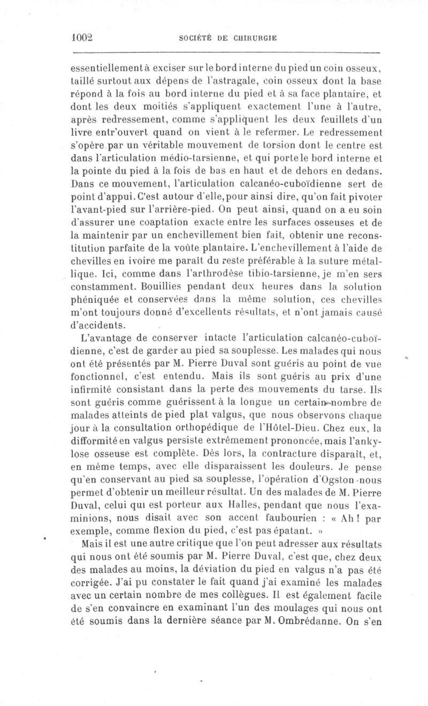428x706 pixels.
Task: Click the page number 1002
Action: (x=82, y=38)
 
